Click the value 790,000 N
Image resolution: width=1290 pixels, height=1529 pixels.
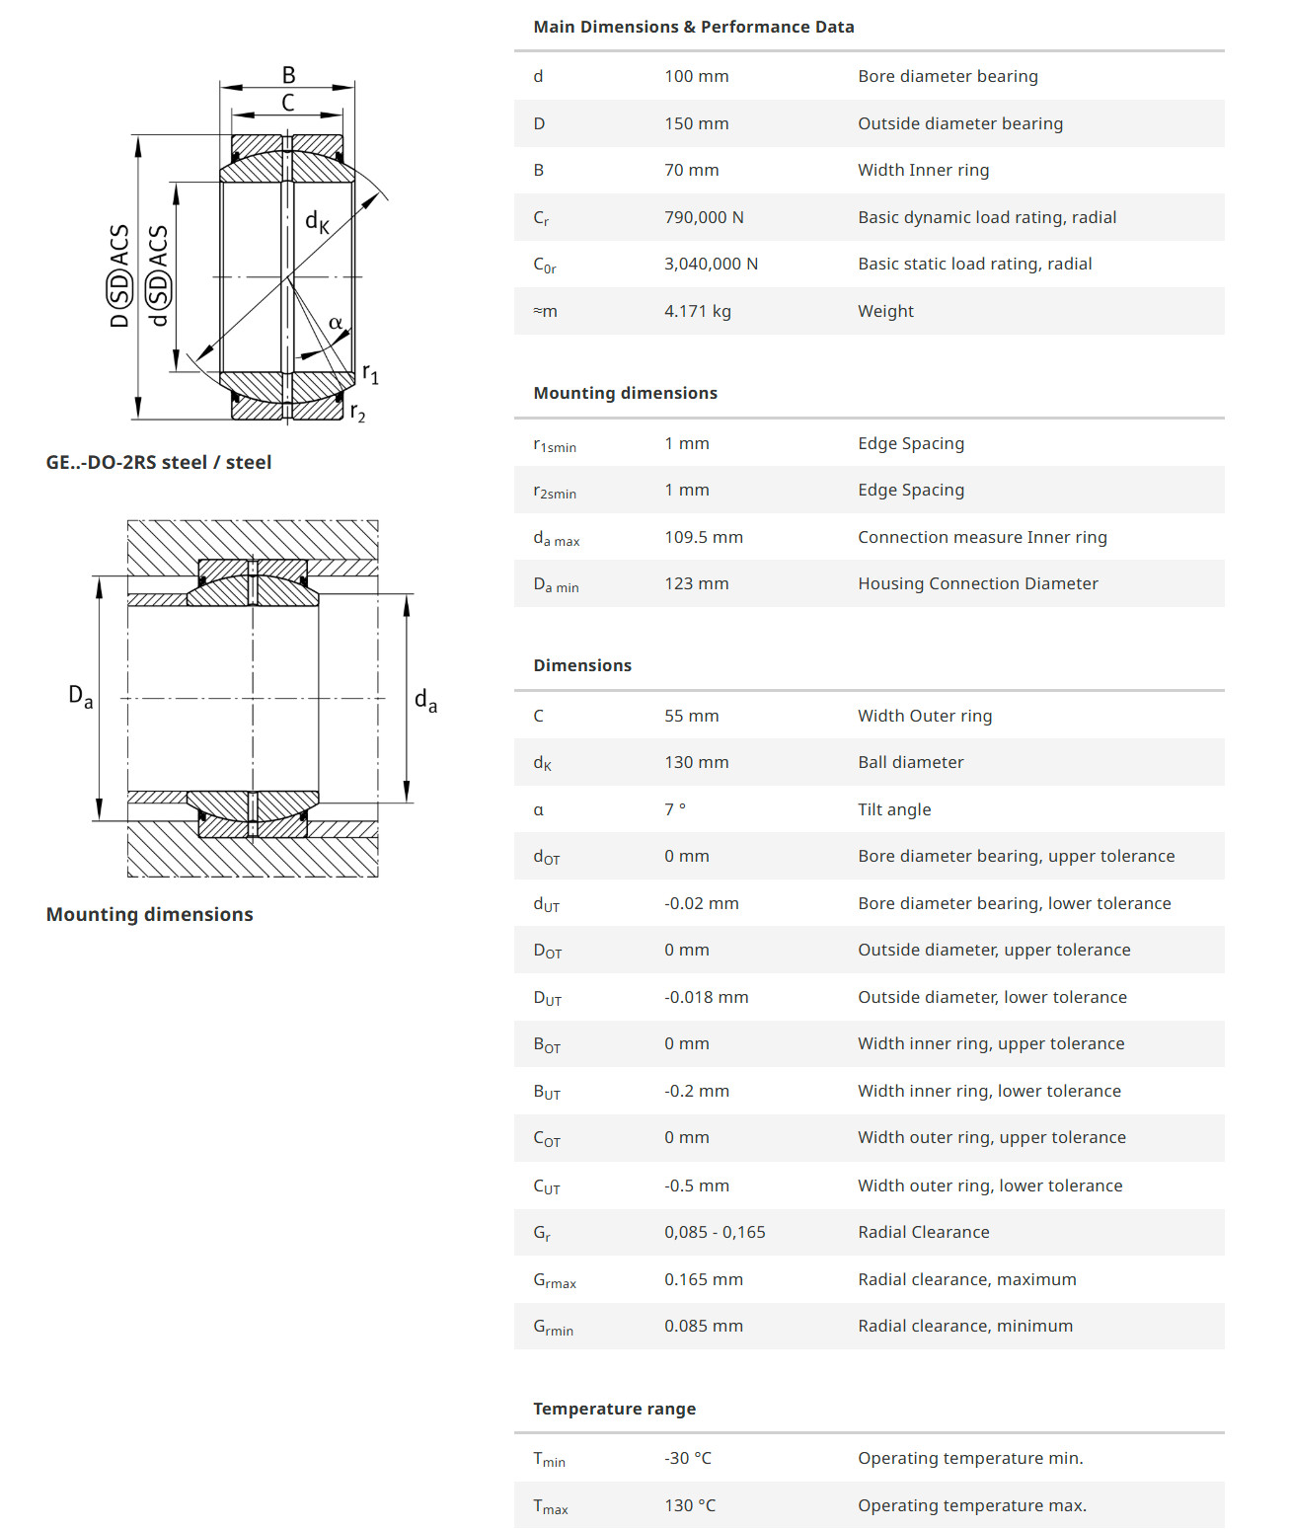(704, 217)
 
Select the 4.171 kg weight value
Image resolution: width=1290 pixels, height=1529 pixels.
(697, 311)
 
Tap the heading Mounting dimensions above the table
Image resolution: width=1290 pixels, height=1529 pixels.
(625, 393)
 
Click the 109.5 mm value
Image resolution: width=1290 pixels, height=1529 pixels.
(703, 537)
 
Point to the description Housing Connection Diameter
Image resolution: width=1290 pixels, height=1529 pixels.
(977, 583)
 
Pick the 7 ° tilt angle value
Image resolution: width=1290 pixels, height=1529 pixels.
(674, 809)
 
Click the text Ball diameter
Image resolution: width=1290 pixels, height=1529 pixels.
(910, 762)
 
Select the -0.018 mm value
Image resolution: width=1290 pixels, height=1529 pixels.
(706, 997)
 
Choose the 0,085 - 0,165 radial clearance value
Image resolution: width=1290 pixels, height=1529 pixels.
(715, 1232)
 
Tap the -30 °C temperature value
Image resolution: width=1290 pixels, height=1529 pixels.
(687, 1458)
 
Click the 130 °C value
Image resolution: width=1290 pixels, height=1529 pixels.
(690, 1505)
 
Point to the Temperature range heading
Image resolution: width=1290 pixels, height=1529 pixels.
(614, 1409)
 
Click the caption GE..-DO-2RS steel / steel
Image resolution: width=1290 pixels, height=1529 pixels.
(158, 462)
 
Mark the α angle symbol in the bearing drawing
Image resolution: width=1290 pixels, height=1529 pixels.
(336, 323)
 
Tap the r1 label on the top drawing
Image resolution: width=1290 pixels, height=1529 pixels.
(370, 373)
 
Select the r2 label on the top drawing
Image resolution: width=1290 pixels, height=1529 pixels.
(357, 413)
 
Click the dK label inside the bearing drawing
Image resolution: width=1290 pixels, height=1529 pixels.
(317, 221)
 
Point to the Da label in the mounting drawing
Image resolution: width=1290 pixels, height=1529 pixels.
(80, 696)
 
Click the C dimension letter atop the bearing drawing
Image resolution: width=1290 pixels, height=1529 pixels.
(288, 103)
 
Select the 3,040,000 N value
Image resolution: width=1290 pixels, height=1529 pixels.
(711, 264)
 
